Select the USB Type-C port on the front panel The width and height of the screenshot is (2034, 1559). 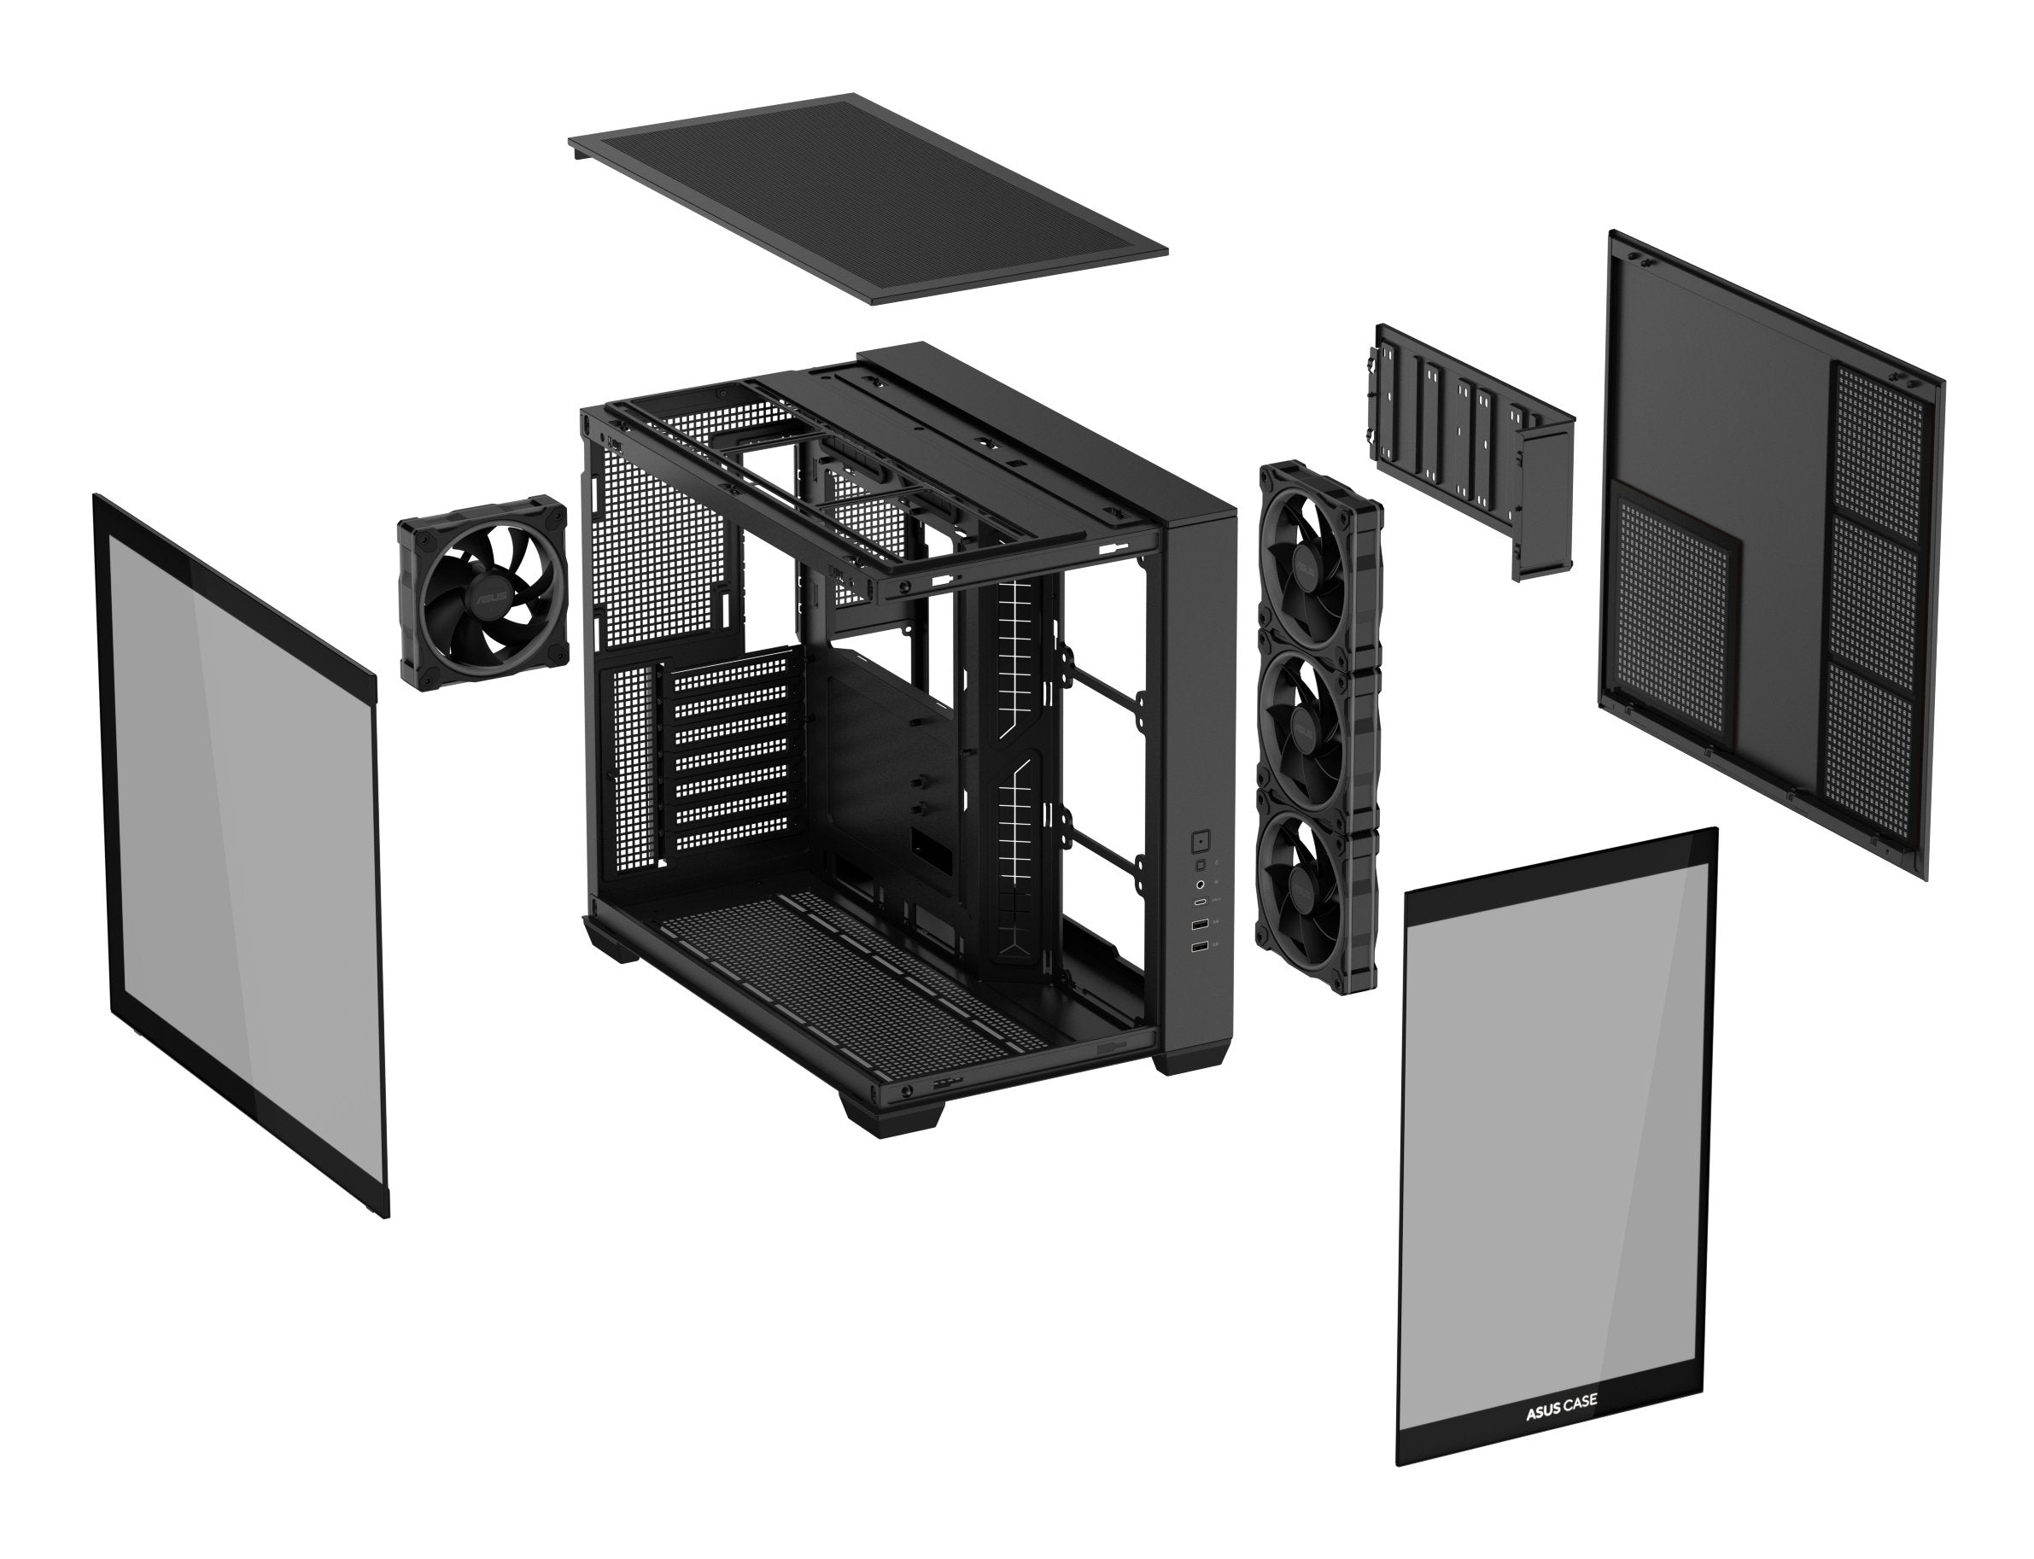coord(1200,902)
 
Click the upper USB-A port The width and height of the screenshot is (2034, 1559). coord(1201,925)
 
